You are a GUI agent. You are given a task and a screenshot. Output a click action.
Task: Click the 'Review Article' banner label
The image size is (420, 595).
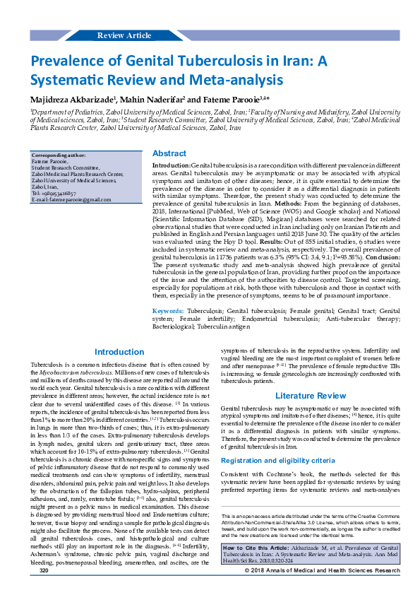point(124,35)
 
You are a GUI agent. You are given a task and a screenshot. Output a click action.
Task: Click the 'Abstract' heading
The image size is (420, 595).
point(169,153)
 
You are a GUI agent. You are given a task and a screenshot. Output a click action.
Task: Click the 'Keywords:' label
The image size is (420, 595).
point(168,311)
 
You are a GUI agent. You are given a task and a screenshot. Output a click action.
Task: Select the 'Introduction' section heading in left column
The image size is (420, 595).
point(119,352)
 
